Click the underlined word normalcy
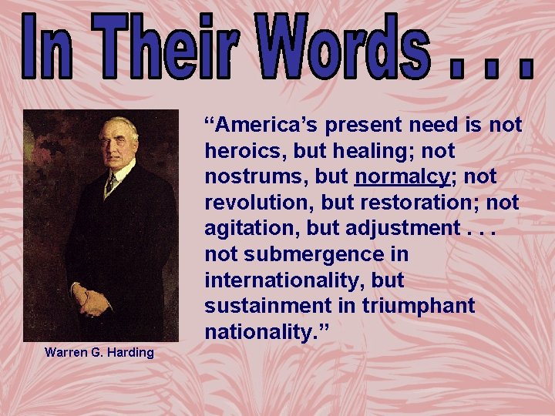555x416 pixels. (401, 176)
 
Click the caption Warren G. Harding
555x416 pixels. (99, 353)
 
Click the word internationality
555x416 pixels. (273, 280)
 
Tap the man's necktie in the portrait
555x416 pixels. (112, 183)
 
